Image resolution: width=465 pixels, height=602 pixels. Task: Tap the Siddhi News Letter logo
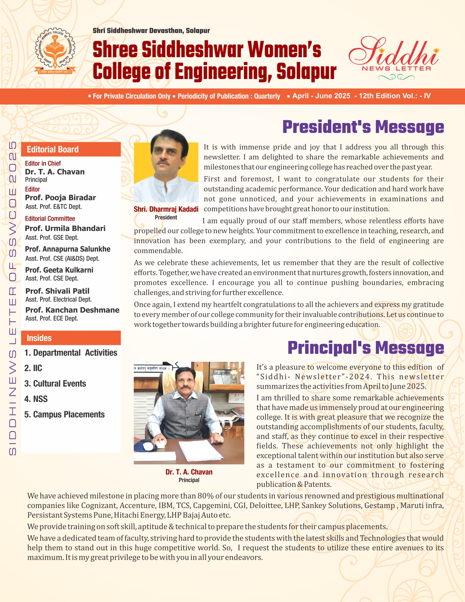click(x=393, y=57)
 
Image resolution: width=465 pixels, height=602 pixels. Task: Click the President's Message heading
click(x=363, y=127)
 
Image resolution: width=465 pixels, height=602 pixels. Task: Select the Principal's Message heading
click(x=366, y=347)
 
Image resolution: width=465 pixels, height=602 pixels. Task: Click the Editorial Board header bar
click(x=71, y=149)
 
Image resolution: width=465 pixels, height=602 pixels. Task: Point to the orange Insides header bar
click(x=71, y=338)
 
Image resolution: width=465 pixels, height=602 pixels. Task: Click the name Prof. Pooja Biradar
click(x=60, y=198)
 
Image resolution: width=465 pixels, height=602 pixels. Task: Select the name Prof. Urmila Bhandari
click(x=65, y=228)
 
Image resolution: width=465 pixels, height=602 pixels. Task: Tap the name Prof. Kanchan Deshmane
click(x=72, y=310)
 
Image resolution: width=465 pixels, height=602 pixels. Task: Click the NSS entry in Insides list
click(x=40, y=399)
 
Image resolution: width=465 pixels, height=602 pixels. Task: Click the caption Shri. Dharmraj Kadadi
click(x=166, y=209)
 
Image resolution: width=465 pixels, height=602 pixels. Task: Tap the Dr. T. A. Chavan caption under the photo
click(x=189, y=472)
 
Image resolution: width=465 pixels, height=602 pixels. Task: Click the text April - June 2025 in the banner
click(x=321, y=96)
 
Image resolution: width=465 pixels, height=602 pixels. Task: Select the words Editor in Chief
click(x=43, y=163)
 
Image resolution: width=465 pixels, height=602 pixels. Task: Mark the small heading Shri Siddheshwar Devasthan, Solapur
click(x=151, y=31)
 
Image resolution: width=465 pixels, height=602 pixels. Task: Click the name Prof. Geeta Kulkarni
click(x=59, y=270)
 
